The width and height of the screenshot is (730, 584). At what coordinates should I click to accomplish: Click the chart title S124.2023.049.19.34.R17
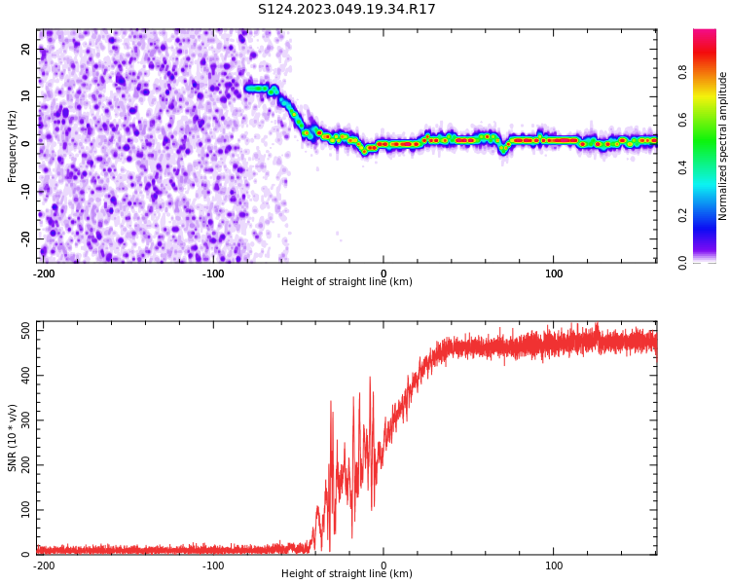click(347, 9)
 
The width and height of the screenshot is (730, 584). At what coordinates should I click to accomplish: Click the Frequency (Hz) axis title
click(13, 146)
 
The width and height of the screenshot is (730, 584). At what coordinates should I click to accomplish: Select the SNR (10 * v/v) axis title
click(13, 438)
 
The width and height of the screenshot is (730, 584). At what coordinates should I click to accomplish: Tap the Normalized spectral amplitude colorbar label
click(723, 146)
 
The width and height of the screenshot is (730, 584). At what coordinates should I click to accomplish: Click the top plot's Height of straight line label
click(347, 281)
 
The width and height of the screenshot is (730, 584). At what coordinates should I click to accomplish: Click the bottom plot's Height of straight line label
click(347, 573)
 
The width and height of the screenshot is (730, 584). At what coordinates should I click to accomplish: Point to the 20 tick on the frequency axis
click(26, 49)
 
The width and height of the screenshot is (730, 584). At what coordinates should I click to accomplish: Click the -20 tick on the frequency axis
click(26, 238)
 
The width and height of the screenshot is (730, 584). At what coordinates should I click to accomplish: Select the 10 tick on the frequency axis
click(26, 96)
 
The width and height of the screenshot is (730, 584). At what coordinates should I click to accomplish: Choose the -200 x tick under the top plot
click(44, 274)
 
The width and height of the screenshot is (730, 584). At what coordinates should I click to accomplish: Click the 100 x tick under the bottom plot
click(554, 566)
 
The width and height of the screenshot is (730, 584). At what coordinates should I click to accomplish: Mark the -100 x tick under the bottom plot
click(213, 566)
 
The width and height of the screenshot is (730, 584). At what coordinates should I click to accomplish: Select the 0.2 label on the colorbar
click(683, 215)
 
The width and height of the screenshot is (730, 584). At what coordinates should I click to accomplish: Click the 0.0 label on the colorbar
click(683, 262)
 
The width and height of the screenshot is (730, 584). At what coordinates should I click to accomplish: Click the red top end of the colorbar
click(704, 33)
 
